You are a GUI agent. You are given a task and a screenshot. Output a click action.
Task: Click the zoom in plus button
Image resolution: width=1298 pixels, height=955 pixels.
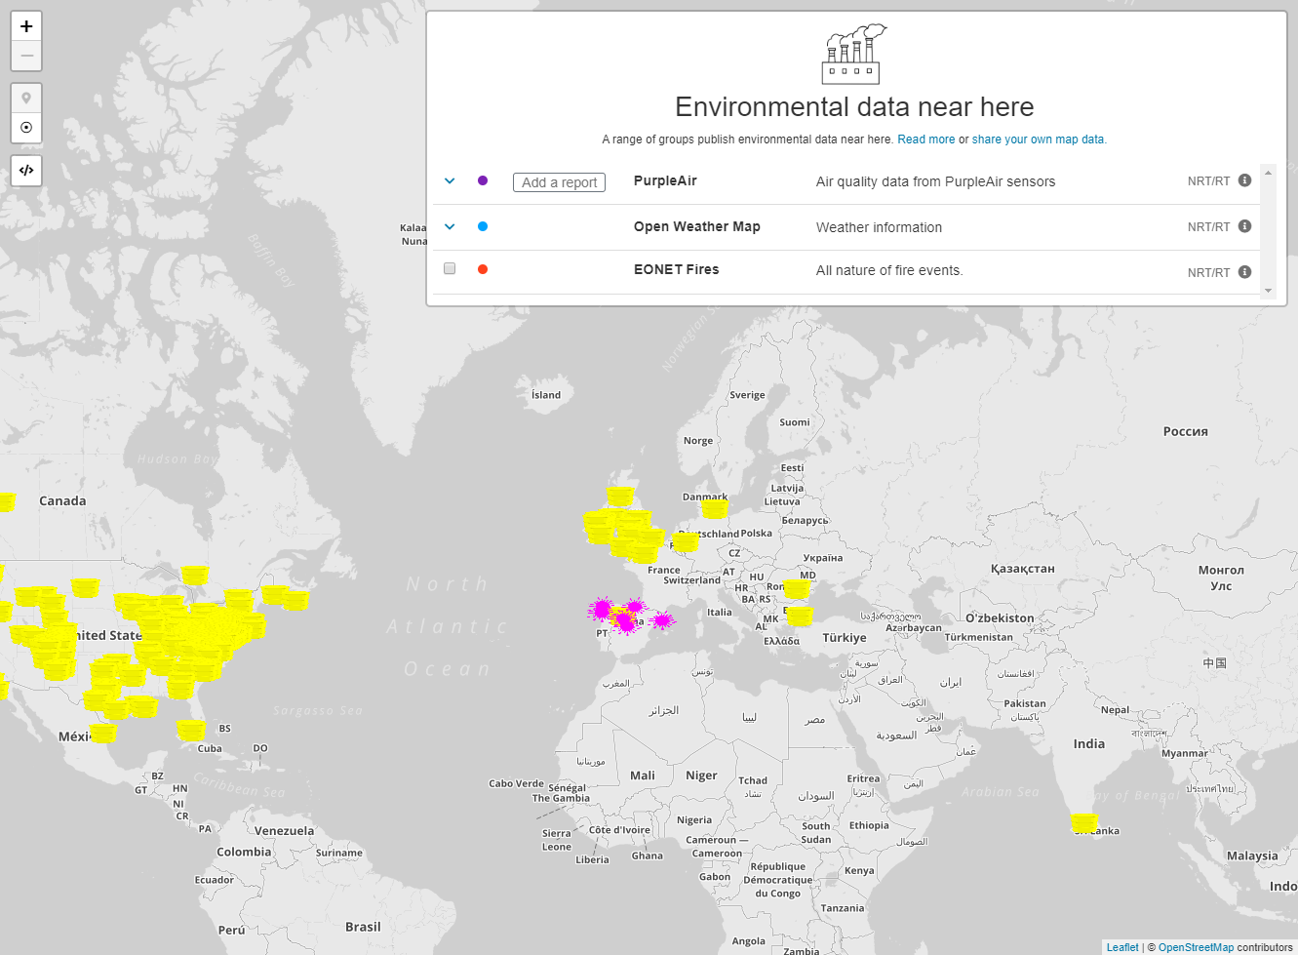[x=26, y=26]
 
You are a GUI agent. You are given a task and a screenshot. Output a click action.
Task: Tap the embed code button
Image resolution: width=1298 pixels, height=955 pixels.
[x=26, y=170]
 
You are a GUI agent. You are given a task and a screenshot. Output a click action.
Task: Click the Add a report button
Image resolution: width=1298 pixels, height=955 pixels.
[x=559, y=182]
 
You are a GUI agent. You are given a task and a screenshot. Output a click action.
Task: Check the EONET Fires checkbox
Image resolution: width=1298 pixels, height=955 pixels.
[x=450, y=268]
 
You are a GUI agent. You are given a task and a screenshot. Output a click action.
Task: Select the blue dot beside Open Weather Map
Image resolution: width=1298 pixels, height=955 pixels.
[x=483, y=226]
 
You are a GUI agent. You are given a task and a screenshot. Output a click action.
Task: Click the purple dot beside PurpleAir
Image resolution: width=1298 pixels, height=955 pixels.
[x=483, y=180]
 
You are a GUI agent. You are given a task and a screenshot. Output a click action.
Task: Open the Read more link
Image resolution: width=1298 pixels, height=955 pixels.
[x=925, y=139]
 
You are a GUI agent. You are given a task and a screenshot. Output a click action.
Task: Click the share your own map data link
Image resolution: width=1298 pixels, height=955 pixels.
[x=1039, y=139]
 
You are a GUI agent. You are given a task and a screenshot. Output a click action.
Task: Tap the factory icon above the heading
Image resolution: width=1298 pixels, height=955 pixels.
[x=853, y=55]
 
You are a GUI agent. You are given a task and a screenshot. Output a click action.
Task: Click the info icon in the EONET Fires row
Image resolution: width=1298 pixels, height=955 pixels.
[x=1244, y=272]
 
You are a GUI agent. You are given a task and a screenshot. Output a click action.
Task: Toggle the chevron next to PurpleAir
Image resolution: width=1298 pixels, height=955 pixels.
[x=450, y=180]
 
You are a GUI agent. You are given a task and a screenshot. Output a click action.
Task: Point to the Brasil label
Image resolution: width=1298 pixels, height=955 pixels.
[x=363, y=927]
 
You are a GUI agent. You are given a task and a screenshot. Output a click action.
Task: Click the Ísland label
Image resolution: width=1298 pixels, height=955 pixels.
[x=546, y=395]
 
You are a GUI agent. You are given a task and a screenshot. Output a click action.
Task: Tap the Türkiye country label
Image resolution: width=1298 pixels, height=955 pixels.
[x=844, y=638]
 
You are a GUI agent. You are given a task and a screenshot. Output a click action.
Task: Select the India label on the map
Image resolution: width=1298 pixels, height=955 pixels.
[x=1089, y=743]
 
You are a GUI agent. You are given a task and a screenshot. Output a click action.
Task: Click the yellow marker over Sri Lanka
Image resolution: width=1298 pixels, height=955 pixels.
[x=1084, y=822]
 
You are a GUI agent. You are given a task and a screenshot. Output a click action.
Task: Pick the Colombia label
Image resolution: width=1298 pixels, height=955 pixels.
[x=244, y=852]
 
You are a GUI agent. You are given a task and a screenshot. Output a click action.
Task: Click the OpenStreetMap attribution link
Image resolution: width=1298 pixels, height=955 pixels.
[x=1196, y=947]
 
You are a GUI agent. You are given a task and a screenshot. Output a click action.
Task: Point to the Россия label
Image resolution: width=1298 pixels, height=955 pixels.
[x=1185, y=431]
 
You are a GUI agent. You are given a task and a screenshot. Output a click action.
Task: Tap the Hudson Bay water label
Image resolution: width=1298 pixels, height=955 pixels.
[x=177, y=458]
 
